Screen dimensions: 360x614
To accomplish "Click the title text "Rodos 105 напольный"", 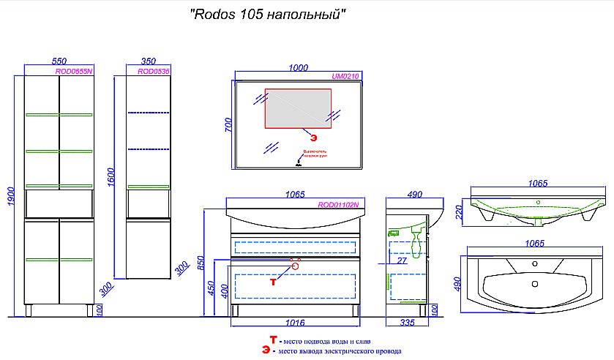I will (267, 15).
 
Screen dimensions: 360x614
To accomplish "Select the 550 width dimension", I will (60, 62).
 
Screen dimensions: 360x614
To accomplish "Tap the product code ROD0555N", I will (74, 72).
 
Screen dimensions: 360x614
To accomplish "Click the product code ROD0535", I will (154, 72).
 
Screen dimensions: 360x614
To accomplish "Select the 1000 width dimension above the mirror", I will (298, 68).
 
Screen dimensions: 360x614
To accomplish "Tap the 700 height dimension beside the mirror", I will (228, 126).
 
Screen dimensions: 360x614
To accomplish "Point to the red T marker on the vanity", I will (274, 280).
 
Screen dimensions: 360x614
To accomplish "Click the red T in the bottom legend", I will (273, 340).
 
